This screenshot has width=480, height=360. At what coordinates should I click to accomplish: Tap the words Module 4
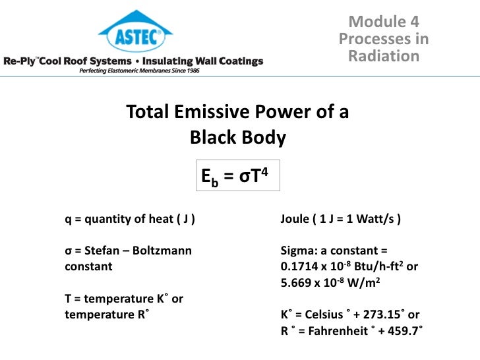tap(383, 22)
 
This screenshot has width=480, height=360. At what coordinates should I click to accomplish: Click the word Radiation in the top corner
tap(383, 56)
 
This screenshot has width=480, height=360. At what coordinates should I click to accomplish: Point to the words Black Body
tap(237, 138)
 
